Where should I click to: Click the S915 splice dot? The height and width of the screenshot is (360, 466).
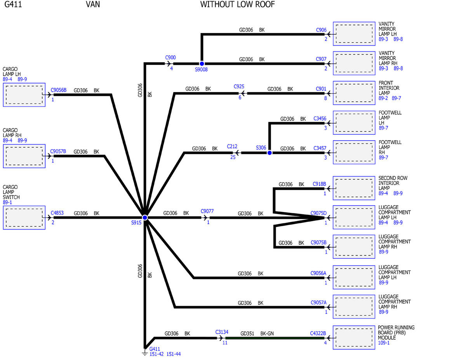click(x=145, y=217)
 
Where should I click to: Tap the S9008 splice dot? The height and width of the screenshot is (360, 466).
click(x=202, y=64)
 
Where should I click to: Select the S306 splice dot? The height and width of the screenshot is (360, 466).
click(x=270, y=153)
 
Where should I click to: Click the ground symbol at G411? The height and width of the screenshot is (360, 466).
click(x=145, y=353)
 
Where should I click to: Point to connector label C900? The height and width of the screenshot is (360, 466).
click(x=170, y=57)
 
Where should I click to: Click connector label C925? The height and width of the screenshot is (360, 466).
click(x=239, y=87)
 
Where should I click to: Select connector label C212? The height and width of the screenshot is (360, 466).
click(x=232, y=146)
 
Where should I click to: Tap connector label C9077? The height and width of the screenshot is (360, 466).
click(x=207, y=211)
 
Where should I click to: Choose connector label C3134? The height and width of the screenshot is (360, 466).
click(x=222, y=332)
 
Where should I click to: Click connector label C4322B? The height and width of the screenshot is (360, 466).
click(x=318, y=334)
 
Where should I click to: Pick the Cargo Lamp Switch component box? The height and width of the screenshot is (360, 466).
click(x=24, y=217)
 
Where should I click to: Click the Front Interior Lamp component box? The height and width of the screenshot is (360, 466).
click(x=354, y=93)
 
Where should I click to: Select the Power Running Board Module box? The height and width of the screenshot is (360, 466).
click(x=354, y=337)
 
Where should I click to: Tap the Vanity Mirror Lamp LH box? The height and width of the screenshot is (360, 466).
click(x=354, y=34)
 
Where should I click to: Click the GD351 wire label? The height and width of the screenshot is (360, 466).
click(x=247, y=334)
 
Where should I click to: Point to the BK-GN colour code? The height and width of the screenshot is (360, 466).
click(x=267, y=334)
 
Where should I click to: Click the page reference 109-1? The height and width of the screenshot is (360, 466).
click(x=384, y=343)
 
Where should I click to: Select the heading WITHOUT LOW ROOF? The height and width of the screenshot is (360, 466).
click(x=237, y=5)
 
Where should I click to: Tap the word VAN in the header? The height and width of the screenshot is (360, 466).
click(x=93, y=5)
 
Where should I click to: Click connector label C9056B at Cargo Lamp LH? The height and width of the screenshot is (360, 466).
click(x=59, y=90)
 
